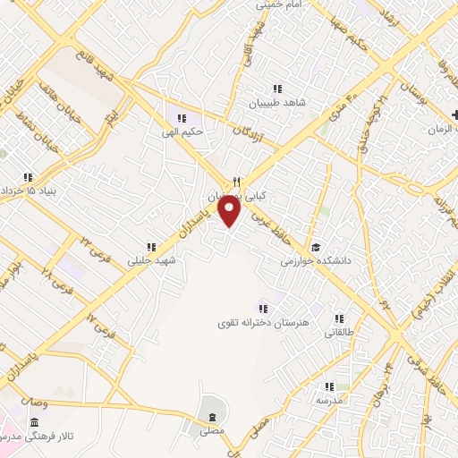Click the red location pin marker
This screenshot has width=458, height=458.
231,211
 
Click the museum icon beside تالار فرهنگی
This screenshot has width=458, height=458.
34,422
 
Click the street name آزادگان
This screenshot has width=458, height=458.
251,134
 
